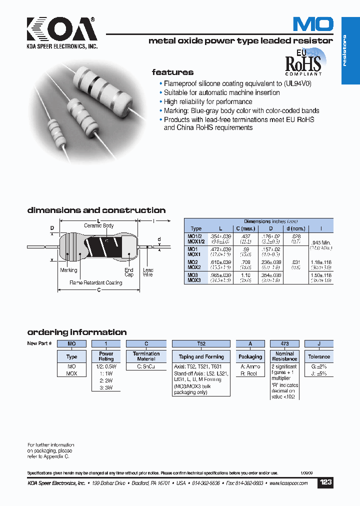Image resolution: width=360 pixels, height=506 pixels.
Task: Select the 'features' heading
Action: point(172,72)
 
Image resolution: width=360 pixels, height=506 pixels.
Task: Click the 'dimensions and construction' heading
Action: point(96,210)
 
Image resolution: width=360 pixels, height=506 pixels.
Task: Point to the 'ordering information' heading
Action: point(76,332)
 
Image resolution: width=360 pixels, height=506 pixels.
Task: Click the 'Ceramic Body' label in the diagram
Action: point(98,225)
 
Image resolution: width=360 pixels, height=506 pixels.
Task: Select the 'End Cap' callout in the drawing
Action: point(129,272)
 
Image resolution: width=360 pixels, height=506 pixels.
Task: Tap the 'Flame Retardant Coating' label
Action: point(95,283)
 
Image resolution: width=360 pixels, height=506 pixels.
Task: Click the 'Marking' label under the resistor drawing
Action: point(68,270)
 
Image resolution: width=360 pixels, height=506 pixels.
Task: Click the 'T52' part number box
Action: point(201,344)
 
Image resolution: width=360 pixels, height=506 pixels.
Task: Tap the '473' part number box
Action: point(284,344)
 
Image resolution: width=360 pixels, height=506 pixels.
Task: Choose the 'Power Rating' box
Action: point(106,356)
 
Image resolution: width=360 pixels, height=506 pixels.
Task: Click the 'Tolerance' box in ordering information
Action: point(319,356)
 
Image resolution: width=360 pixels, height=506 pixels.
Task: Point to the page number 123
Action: point(325,483)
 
